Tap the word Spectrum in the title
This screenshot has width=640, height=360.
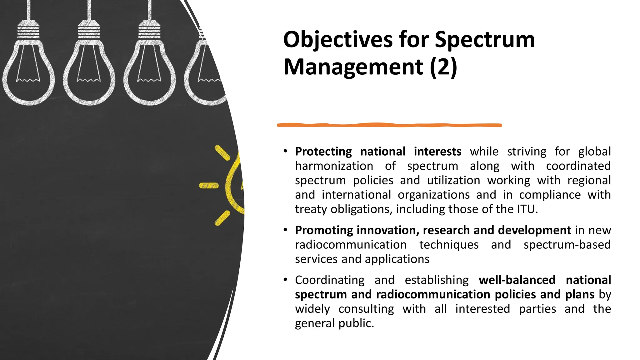(485, 40)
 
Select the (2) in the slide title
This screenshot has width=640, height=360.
(443, 67)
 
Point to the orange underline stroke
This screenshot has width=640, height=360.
(389, 125)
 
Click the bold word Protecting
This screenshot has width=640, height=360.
(323, 152)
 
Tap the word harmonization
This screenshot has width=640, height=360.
(334, 166)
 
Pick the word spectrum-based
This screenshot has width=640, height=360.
(567, 245)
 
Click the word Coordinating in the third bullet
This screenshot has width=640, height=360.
(330, 280)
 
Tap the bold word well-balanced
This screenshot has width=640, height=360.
(517, 280)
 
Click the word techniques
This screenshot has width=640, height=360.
(449, 245)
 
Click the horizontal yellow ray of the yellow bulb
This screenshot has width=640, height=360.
(209, 186)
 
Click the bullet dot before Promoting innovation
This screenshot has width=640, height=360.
(285, 230)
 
